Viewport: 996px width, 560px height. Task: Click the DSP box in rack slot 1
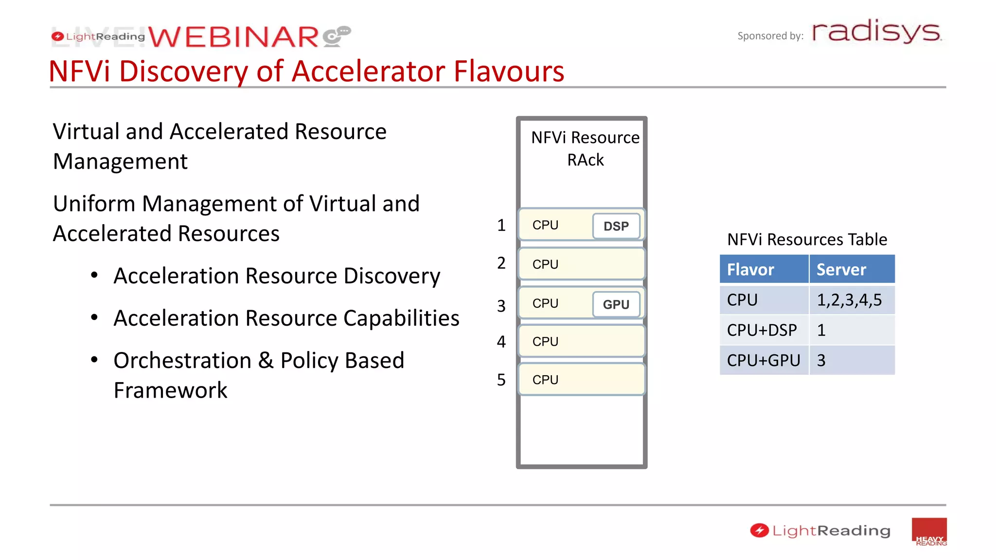coord(616,226)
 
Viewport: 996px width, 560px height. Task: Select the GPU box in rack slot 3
coord(616,304)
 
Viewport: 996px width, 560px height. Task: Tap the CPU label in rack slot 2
coord(545,264)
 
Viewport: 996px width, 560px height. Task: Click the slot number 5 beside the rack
coord(501,380)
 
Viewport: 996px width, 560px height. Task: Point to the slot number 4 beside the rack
coord(501,342)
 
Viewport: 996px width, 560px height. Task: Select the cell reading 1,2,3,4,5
coord(850,300)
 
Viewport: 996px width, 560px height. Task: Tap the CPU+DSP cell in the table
coord(762,330)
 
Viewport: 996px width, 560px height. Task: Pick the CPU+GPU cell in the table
coord(764,360)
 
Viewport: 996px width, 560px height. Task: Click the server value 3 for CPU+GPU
coord(821,360)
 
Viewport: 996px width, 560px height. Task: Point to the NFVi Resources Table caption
coord(807,239)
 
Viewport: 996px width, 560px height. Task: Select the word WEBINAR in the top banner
coord(233,37)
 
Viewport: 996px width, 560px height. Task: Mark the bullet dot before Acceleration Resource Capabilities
coord(94,317)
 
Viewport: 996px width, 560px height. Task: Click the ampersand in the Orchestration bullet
coord(266,360)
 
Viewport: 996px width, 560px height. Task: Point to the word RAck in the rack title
coord(585,160)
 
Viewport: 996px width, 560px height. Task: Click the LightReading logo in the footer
coord(820,530)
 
